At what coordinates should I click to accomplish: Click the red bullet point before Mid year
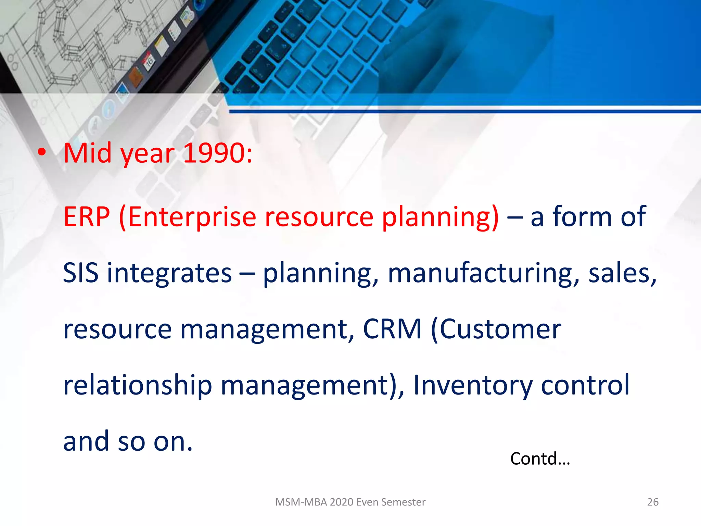(x=42, y=153)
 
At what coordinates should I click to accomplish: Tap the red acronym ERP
(x=87, y=217)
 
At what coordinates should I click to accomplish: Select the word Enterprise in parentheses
(x=192, y=217)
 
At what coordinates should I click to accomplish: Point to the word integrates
(x=169, y=273)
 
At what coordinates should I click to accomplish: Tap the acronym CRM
(x=392, y=329)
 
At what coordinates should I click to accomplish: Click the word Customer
(x=500, y=329)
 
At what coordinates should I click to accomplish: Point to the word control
(x=585, y=385)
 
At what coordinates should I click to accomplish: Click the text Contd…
(x=540, y=459)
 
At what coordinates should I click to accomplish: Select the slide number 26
(x=652, y=502)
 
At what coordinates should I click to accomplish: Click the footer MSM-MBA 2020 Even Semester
(x=350, y=502)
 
